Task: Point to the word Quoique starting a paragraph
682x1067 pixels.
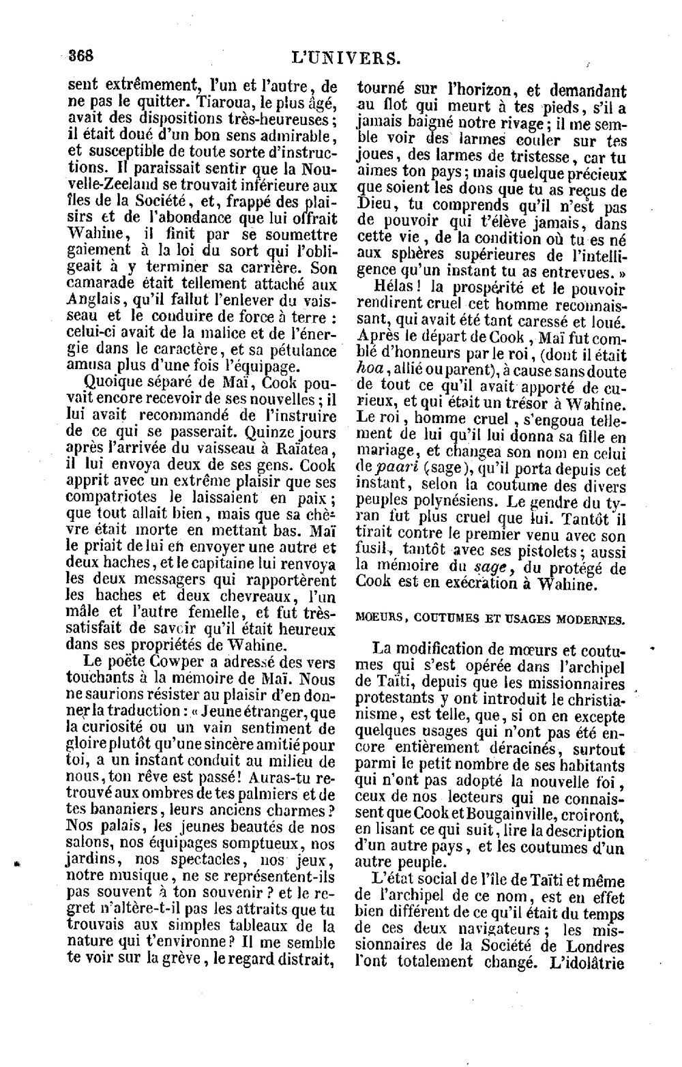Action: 110,383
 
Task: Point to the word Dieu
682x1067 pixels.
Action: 376,205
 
